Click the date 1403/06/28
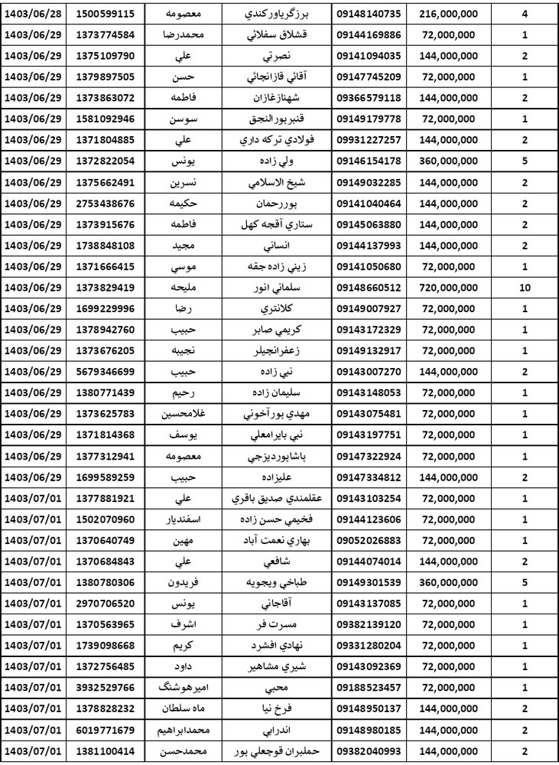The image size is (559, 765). coord(36,15)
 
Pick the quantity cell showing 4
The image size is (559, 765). coord(524,15)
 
